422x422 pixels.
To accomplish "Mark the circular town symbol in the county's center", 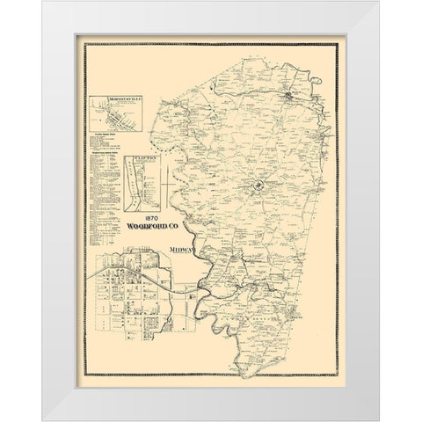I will tap(258, 186).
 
